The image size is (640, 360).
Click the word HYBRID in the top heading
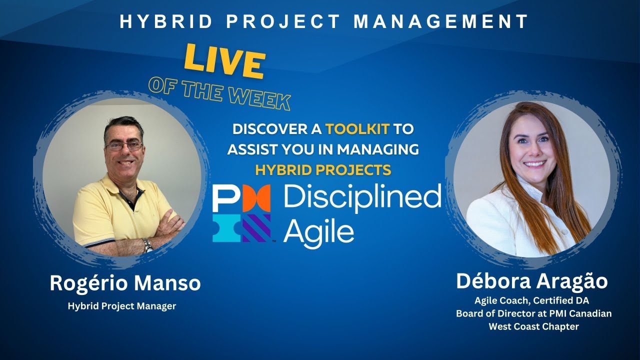[166, 21]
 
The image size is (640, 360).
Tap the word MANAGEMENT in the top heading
[441, 21]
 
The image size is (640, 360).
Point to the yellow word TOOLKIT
[357, 129]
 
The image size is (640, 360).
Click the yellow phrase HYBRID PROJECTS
[323, 170]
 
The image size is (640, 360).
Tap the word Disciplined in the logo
[362, 197]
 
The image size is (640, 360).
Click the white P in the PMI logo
[227, 198]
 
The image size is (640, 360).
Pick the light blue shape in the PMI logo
[227, 228]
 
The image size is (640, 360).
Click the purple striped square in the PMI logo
[256, 228]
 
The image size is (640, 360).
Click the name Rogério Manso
[125, 283]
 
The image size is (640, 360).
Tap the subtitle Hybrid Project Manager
[122, 306]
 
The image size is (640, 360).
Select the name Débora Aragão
[531, 281]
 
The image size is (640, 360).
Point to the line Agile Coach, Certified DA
[531, 300]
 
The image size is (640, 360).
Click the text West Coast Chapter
[533, 326]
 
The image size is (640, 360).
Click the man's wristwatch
[147, 245]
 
